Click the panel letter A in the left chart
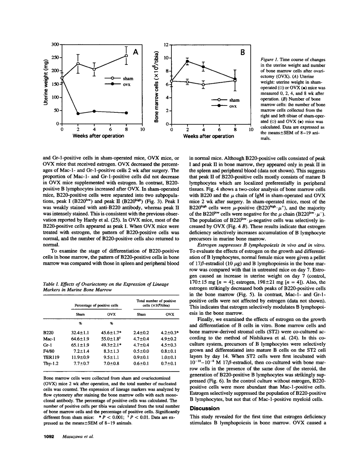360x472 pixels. (136, 52)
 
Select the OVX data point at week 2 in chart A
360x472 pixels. (78, 113)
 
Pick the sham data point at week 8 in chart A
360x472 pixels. (126, 55)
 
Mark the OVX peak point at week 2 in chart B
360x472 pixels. (187, 61)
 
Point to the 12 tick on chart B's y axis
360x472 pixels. (166, 45)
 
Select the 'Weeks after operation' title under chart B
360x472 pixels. (208, 136)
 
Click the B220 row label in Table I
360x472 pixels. (48, 332)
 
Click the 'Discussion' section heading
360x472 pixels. (205, 408)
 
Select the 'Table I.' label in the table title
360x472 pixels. (51, 284)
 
